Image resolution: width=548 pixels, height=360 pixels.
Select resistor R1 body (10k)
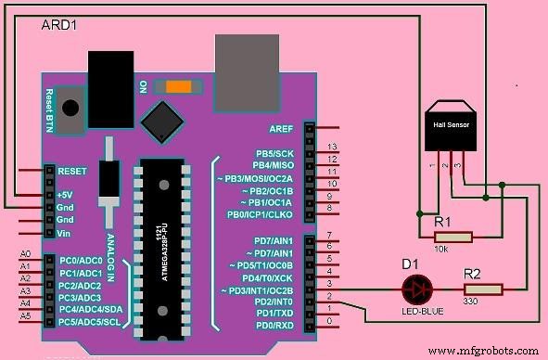pos(452,237)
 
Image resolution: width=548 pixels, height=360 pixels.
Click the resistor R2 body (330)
pos(484,289)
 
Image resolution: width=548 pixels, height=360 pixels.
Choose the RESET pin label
pos(72,172)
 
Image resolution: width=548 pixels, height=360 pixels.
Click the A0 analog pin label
pos(25,253)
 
